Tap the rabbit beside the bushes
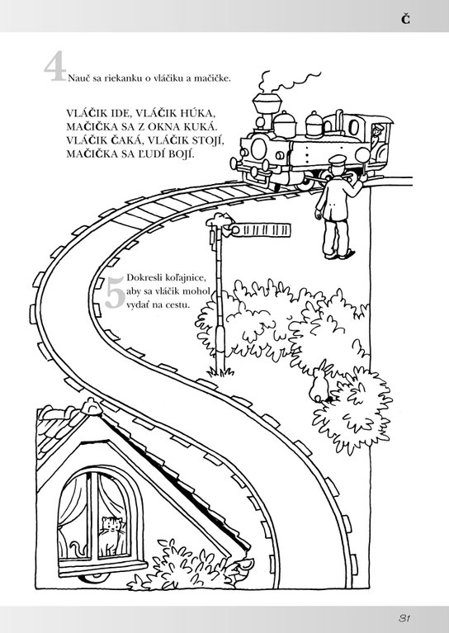319,383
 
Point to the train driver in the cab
377,135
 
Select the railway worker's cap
337,160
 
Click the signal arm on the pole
261,230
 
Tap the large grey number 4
55,66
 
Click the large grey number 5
116,294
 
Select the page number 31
404,618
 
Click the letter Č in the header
405,19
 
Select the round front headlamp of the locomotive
258,149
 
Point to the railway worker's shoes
338,255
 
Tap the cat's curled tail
77,549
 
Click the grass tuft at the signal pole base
220,371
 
